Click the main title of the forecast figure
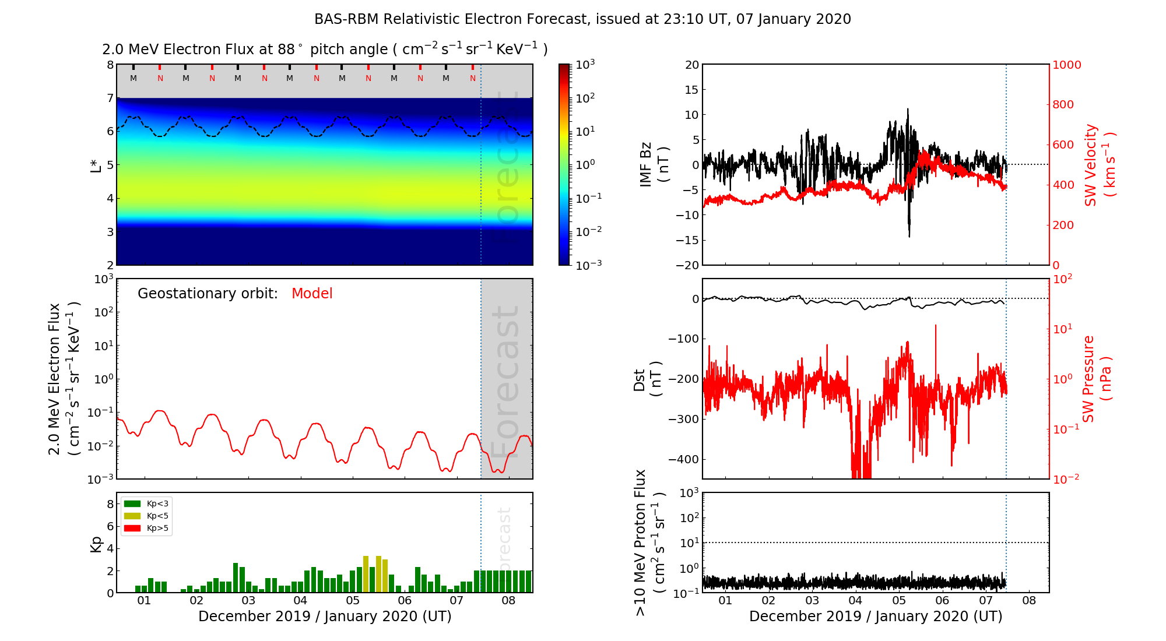(582, 19)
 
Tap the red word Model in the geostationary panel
(312, 294)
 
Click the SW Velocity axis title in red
(1100, 165)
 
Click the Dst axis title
(647, 379)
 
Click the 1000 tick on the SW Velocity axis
(1067, 65)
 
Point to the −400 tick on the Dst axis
(683, 459)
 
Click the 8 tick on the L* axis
(110, 65)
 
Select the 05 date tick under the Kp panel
(352, 601)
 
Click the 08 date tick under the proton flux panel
(1029, 601)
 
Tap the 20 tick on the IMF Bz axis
(691, 65)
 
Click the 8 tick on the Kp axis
(110, 504)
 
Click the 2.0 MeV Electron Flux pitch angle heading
(325, 50)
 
